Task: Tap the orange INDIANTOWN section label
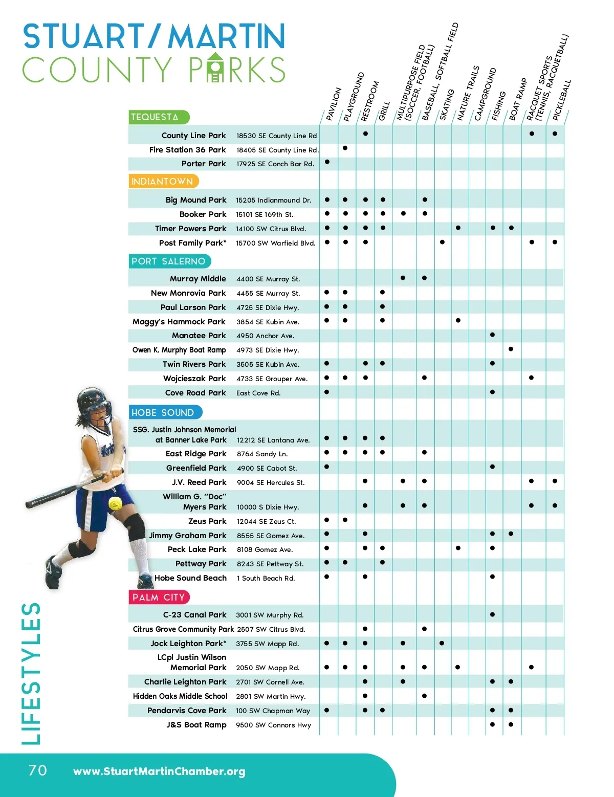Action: [163, 182]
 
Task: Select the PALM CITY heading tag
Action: [159, 597]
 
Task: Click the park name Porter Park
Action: [204, 164]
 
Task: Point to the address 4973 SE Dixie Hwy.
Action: [268, 350]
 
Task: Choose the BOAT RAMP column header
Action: [517, 100]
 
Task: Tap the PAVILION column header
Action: [333, 104]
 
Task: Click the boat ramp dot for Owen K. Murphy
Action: [511, 349]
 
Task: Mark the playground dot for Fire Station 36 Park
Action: [345, 148]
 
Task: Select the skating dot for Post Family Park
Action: [442, 242]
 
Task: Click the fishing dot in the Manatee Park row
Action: [492, 335]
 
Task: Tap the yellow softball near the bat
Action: [115, 503]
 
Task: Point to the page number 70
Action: [37, 770]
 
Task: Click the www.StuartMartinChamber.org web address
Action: [159, 771]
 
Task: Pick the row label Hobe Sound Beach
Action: [190, 578]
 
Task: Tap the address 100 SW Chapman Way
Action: [273, 711]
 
